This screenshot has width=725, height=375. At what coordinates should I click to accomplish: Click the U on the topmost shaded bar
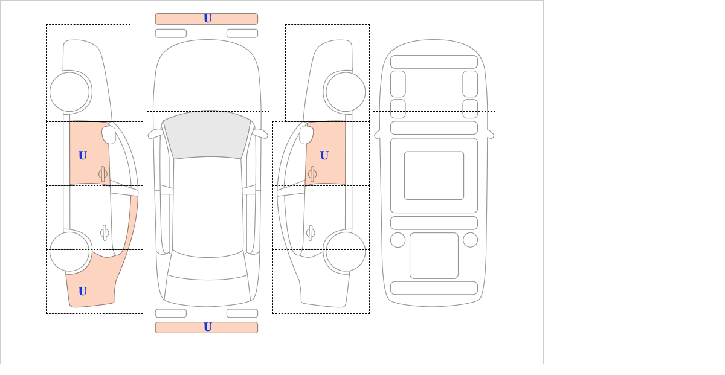coord(208,19)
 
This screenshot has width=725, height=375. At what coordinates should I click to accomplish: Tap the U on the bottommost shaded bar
coord(208,327)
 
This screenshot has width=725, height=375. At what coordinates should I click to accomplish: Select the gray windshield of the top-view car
coord(207,135)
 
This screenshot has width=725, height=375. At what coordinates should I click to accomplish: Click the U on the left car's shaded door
coord(83,156)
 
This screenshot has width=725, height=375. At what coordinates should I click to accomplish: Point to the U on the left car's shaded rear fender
coord(83,292)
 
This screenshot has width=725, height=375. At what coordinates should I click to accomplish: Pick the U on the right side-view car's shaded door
coord(324,156)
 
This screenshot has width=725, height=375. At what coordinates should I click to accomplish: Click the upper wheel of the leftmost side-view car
coord(69,92)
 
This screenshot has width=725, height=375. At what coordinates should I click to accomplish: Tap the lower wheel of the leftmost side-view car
coord(69,251)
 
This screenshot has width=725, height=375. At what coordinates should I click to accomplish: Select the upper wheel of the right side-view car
coord(346,92)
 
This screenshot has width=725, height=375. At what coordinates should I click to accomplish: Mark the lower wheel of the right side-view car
coord(346,251)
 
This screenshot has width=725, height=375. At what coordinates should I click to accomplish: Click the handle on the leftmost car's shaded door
coord(103,175)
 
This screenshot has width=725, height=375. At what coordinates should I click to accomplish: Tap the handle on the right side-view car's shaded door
coord(312,175)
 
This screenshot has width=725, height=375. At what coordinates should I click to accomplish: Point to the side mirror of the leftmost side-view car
coord(109,135)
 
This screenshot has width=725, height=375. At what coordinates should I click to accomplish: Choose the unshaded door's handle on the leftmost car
coord(105,232)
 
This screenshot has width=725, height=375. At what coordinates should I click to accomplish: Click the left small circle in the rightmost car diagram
coord(398,240)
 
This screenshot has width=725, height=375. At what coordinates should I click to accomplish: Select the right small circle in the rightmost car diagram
coord(470,240)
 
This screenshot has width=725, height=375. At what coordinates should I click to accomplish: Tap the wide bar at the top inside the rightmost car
coord(434,62)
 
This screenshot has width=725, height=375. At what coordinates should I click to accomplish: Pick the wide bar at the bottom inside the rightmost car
coord(434,288)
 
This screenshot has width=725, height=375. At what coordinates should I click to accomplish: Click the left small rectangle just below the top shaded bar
coord(171,33)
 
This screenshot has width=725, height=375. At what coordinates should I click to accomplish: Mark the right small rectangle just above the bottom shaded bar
coord(242,313)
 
